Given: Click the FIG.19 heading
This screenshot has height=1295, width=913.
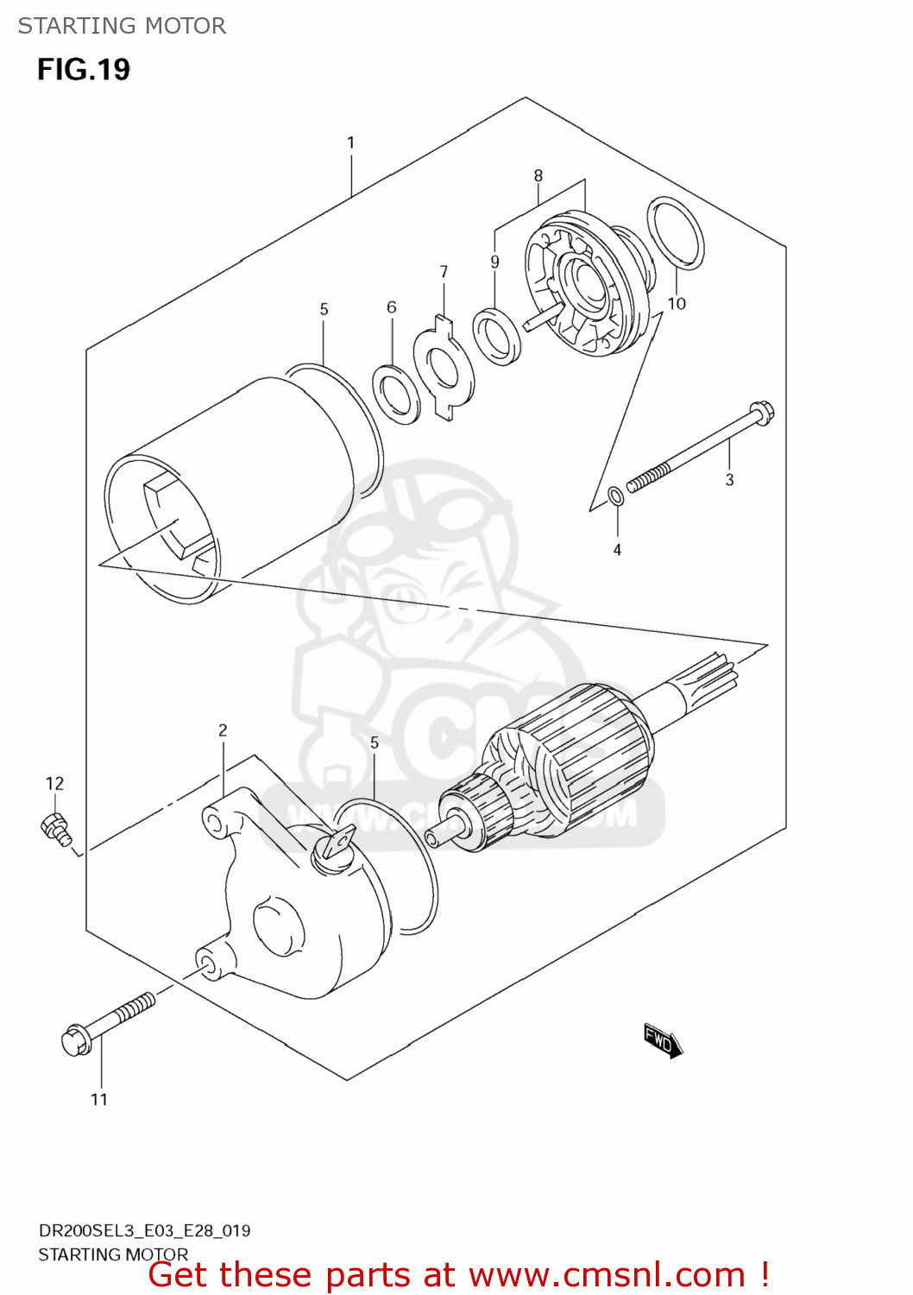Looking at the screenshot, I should [x=83, y=69].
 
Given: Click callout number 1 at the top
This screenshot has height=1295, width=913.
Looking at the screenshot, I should [x=350, y=142].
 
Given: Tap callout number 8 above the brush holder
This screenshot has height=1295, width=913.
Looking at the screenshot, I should [x=538, y=175].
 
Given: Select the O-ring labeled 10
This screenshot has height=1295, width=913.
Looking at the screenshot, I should [x=676, y=233].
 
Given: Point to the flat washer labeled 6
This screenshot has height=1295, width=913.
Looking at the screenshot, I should [x=396, y=395].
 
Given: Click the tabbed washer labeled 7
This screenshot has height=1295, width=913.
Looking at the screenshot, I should [x=444, y=368].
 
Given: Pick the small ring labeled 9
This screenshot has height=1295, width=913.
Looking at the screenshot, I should [x=496, y=336].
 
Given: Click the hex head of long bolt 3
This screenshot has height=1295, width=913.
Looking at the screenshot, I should [x=761, y=413].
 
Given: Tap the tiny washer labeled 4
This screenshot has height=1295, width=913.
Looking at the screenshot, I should [x=616, y=496].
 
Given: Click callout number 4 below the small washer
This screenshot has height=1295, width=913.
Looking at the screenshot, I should [x=617, y=550].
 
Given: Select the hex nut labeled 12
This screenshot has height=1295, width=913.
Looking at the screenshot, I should [x=55, y=827].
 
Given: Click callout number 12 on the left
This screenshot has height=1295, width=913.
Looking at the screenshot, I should [x=54, y=783].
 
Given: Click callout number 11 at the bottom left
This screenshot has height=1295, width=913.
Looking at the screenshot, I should [x=99, y=1099].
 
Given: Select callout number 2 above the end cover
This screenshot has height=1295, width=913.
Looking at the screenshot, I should [x=223, y=730].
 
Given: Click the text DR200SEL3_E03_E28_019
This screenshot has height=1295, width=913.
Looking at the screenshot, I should [x=144, y=1230].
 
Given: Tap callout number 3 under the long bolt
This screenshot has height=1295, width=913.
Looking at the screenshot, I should [x=729, y=479].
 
